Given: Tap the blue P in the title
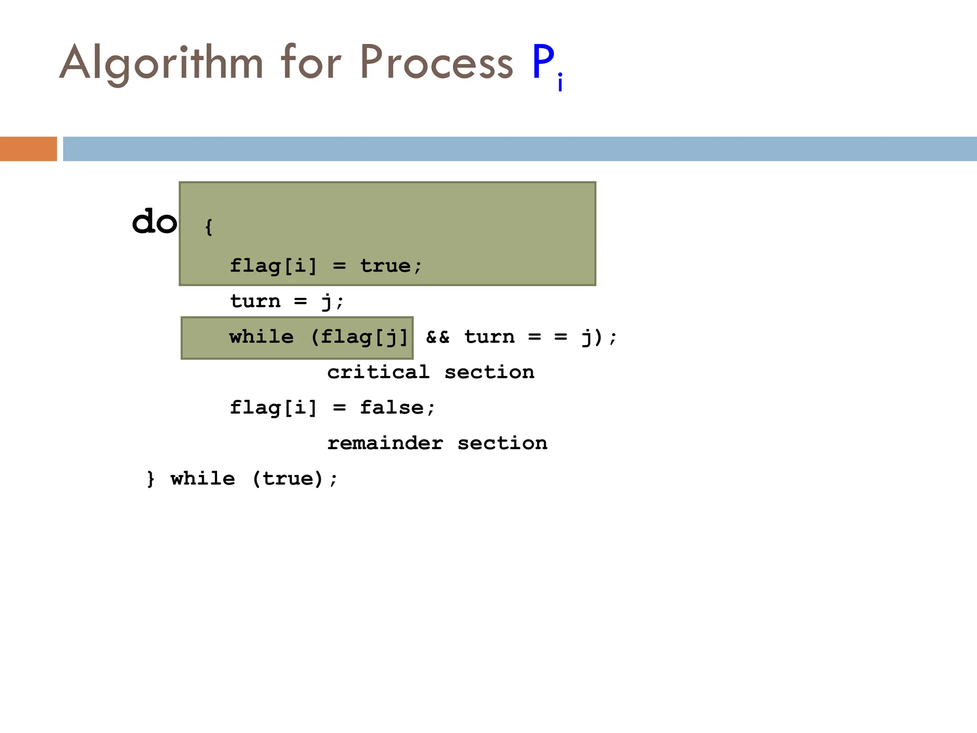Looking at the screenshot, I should pos(543,62).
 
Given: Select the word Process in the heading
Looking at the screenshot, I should pos(436,62).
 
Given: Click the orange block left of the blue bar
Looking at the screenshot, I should pos(28,149).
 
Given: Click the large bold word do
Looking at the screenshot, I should pos(154,222).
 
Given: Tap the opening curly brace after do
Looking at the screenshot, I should pos(208,227).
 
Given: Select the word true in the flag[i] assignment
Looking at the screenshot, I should pos(385,266).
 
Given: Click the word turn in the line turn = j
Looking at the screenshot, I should pos(255,301).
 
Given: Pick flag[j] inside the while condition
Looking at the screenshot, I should pos(364,337).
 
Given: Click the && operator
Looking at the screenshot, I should pos(437,337).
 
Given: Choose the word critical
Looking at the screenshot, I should pos(378,372).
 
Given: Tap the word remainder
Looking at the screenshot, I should pos(385,443).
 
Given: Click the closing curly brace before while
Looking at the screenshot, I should pos(151,479).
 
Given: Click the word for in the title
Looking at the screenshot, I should pos(311,62).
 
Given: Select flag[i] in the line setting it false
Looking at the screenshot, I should pos(273,408).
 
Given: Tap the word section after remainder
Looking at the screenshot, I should pos(502,443).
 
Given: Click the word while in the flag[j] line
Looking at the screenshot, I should pos(261,337).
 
